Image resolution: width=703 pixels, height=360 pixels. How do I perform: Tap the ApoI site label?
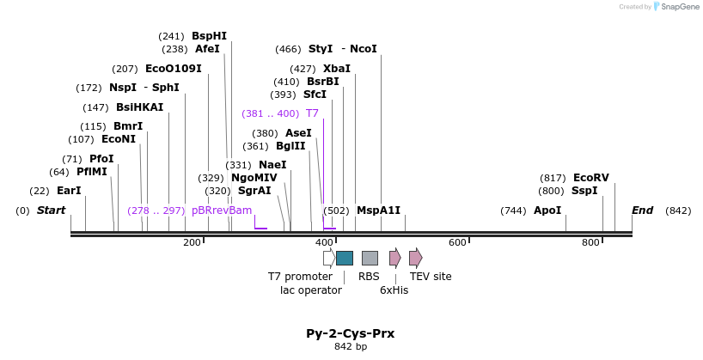pos(547,211)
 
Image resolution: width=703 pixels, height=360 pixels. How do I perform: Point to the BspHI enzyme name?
pos(209,36)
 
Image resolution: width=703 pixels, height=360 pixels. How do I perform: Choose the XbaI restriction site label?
pos(336,69)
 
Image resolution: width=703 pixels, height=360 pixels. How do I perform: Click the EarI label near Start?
pos(69,191)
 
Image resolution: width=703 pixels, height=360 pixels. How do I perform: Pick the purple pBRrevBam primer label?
pos(222,211)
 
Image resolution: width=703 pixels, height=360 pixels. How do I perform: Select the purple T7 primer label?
pos(312,113)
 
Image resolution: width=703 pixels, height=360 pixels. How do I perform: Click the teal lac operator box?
pos(345,258)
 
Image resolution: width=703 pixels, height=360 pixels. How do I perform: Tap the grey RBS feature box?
pos(370,258)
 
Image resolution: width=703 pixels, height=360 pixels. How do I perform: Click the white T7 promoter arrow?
pos(329,258)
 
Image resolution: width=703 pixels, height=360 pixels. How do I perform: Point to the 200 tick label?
pos(192,243)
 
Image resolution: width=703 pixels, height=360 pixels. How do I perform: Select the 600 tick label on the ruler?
pos(457,243)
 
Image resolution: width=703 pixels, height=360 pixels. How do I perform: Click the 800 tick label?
pos(590,243)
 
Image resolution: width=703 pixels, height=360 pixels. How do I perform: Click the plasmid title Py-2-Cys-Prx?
pos(351,333)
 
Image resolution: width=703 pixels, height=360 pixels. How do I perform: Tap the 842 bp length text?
pos(351,347)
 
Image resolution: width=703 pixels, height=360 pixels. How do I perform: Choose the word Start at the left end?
pos(51,211)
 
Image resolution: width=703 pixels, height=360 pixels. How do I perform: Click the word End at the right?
pos(642,211)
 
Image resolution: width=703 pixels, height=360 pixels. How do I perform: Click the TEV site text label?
pos(431,277)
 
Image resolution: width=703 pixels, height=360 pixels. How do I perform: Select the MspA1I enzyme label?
pos(378,211)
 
